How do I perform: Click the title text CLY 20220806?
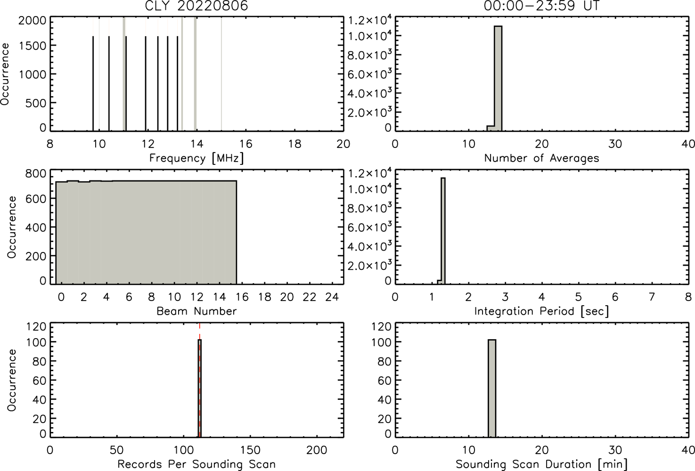(196, 6)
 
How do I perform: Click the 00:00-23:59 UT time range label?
(541, 6)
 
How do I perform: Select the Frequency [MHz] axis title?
(196, 158)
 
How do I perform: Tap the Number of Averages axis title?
(541, 158)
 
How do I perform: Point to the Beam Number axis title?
(196, 311)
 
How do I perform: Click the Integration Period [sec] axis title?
(541, 311)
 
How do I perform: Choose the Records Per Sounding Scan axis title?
(196, 464)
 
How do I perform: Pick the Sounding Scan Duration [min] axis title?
(541, 464)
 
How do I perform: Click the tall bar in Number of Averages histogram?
(498, 79)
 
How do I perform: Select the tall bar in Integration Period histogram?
(443, 231)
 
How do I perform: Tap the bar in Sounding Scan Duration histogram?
(492, 388)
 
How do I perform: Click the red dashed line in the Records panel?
(199, 380)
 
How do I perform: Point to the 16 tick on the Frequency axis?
(246, 144)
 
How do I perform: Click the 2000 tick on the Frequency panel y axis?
(32, 21)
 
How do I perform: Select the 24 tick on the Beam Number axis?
(332, 297)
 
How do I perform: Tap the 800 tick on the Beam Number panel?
(36, 174)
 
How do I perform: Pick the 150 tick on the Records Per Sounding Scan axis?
(250, 450)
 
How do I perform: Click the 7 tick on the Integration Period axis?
(652, 297)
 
